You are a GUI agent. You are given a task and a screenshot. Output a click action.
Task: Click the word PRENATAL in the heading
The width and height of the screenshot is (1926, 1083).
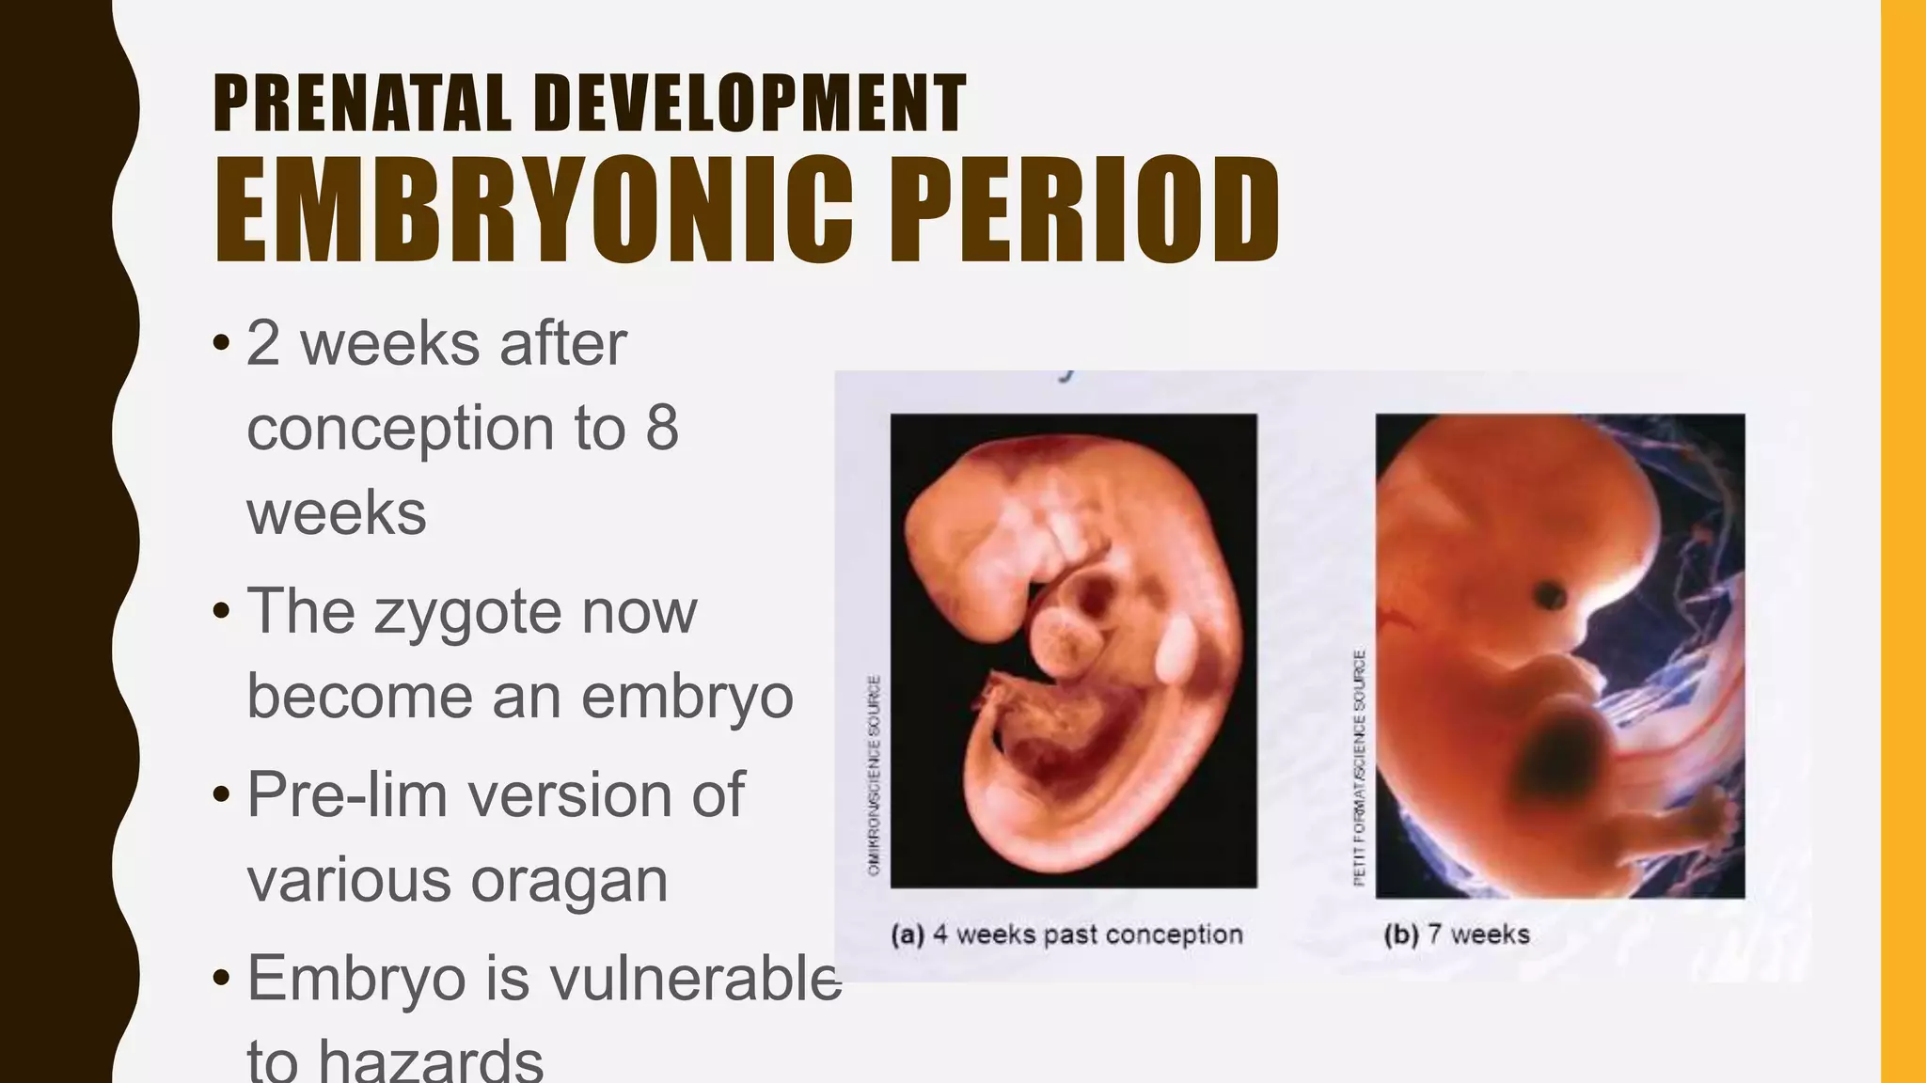362,103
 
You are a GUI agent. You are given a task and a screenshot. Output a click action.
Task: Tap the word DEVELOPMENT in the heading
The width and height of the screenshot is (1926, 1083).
750,103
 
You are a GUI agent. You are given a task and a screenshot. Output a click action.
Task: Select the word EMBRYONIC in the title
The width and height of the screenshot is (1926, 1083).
533,211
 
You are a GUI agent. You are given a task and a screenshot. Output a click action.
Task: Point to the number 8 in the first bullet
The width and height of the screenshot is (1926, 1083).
661,429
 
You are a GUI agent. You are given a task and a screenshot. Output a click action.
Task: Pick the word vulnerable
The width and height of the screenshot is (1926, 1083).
695,979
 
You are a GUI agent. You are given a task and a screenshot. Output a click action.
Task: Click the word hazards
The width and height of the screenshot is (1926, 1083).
431,1060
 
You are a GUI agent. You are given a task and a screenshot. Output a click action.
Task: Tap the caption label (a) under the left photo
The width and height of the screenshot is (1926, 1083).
908,934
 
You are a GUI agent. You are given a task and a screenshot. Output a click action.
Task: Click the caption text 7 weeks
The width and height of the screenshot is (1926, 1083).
1478,934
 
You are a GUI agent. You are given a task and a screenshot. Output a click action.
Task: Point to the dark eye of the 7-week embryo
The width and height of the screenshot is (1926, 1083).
1550,594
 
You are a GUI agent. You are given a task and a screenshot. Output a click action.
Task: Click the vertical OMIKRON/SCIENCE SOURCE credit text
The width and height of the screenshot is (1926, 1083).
874,776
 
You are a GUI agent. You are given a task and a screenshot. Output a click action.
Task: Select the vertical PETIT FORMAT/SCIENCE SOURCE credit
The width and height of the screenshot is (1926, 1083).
1359,766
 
